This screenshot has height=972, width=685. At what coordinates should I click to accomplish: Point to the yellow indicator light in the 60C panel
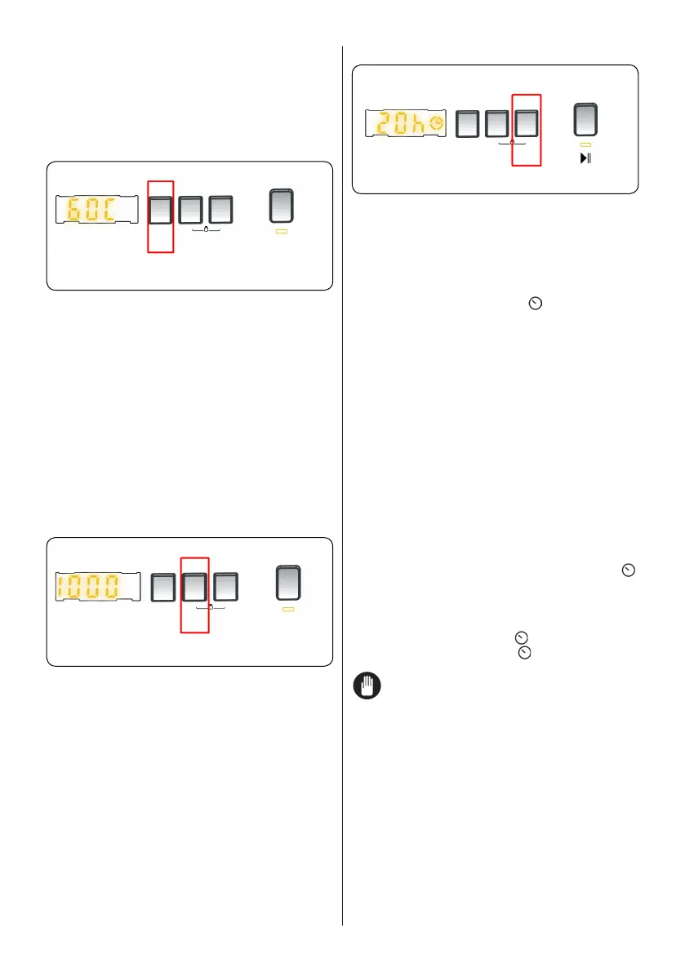282,232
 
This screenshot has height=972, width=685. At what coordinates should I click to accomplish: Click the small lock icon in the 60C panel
206,229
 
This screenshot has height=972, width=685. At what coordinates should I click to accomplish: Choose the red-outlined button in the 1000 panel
194,588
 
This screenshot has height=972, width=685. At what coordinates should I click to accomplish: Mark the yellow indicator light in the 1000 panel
287,610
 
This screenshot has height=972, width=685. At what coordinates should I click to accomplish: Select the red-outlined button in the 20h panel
526,123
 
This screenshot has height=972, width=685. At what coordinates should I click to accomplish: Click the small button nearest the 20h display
466,123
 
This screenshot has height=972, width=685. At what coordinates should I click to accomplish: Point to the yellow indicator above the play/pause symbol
585,144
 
